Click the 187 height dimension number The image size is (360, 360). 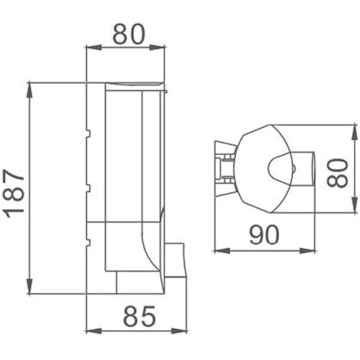point(14,193)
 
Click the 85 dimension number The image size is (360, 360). point(139,316)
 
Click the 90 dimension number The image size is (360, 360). point(264,235)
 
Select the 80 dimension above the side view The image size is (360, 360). point(129,34)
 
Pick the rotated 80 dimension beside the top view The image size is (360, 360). point(338,172)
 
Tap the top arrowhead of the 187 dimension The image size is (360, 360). point(29,90)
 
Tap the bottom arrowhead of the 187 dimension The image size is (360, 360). point(29,286)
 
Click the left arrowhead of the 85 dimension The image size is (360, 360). point(93,331)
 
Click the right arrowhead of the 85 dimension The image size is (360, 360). point(179,331)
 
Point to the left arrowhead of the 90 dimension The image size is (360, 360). point(222,251)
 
